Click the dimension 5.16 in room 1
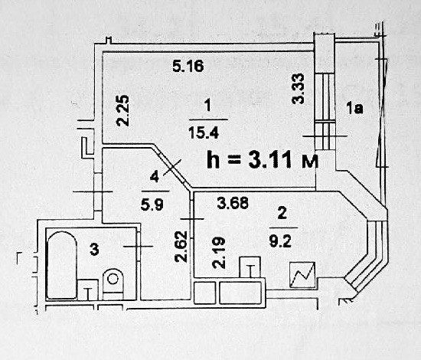188,66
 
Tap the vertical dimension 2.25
122,110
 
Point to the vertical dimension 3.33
299,89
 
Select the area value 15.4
204,133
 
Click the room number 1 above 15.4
207,105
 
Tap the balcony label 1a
354,108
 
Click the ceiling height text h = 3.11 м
263,159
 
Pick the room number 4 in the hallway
154,177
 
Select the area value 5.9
152,205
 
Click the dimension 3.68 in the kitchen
233,203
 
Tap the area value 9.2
280,241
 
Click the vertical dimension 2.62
181,247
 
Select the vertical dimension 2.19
219,253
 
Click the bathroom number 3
94,249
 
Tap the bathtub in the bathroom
61,265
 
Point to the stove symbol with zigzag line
302,275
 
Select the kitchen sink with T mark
250,267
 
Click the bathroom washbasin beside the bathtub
87,290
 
